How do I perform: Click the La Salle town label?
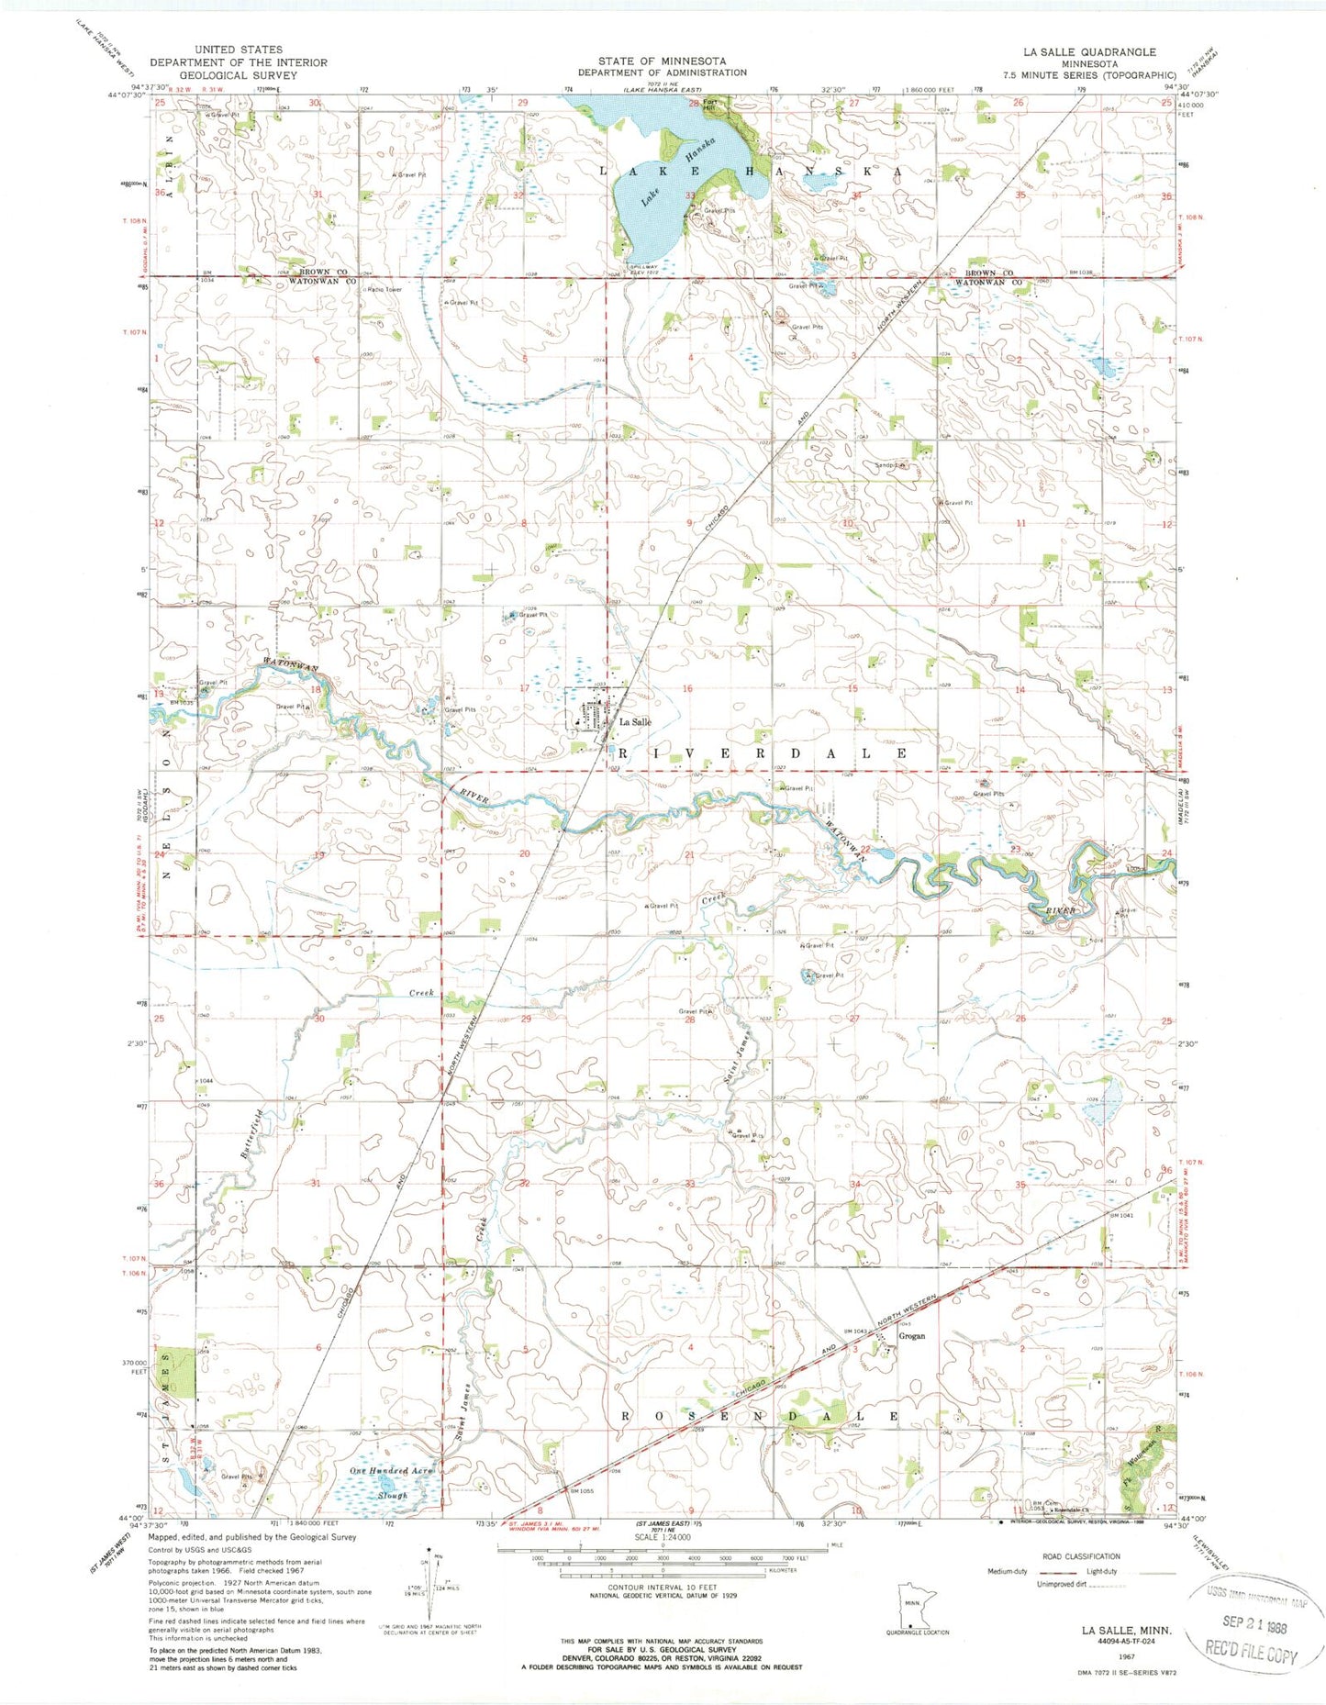click(x=635, y=722)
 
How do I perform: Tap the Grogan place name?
click(x=911, y=1336)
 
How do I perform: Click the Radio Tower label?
click(x=384, y=290)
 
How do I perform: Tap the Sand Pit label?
click(x=890, y=466)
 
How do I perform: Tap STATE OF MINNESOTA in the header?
click(x=662, y=61)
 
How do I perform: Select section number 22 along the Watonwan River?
click(x=864, y=850)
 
